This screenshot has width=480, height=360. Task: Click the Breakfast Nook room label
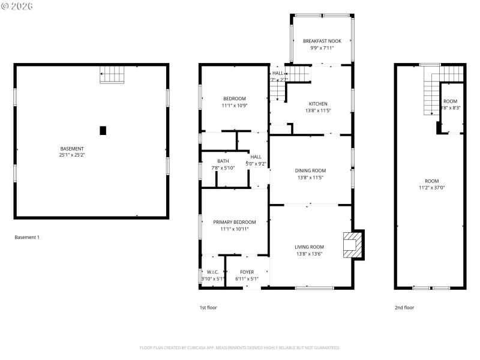point(322,41)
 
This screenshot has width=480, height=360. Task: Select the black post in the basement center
point(103,130)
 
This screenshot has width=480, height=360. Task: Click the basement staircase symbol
point(112,74)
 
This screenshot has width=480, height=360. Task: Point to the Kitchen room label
point(318,104)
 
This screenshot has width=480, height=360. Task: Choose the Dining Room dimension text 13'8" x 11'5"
point(310,178)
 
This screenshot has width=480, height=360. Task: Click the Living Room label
point(310,247)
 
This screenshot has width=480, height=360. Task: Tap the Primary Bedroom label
point(235,222)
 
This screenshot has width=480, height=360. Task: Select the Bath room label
point(223,161)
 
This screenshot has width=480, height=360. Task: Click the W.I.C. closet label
point(212,272)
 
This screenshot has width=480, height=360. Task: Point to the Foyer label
point(248,272)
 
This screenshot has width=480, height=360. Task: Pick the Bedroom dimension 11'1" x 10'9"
point(235,106)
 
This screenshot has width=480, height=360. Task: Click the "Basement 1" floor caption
point(27,238)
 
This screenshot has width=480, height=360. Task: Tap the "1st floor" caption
point(208,308)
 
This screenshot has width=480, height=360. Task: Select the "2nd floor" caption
point(404,308)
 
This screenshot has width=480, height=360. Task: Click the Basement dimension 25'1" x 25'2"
point(72,155)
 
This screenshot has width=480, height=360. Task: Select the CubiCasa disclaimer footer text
point(240,347)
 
